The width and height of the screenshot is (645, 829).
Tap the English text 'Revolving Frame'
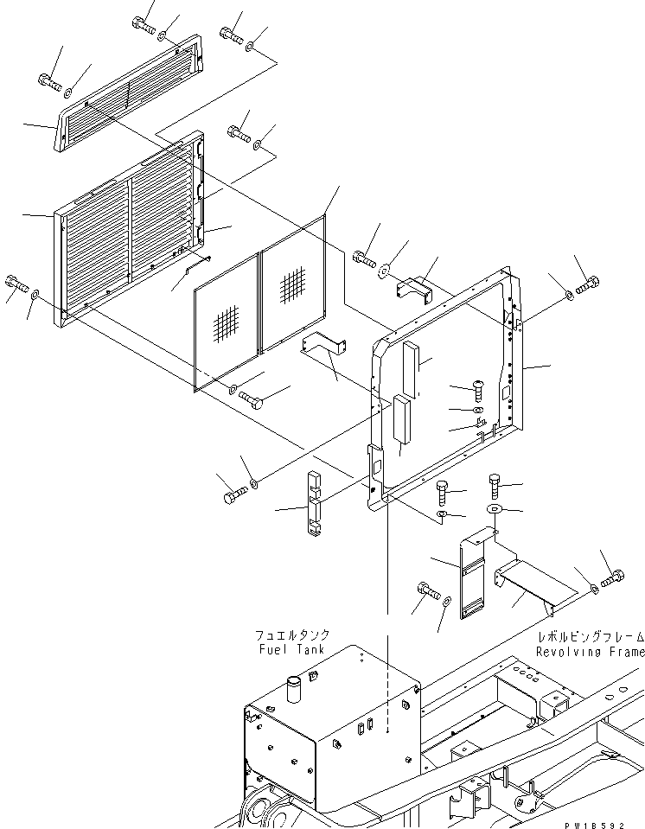(x=590, y=652)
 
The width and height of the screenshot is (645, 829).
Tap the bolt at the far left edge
(x=16, y=282)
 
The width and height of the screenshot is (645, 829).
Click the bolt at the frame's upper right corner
(x=591, y=284)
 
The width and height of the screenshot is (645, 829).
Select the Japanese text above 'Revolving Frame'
(x=590, y=637)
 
